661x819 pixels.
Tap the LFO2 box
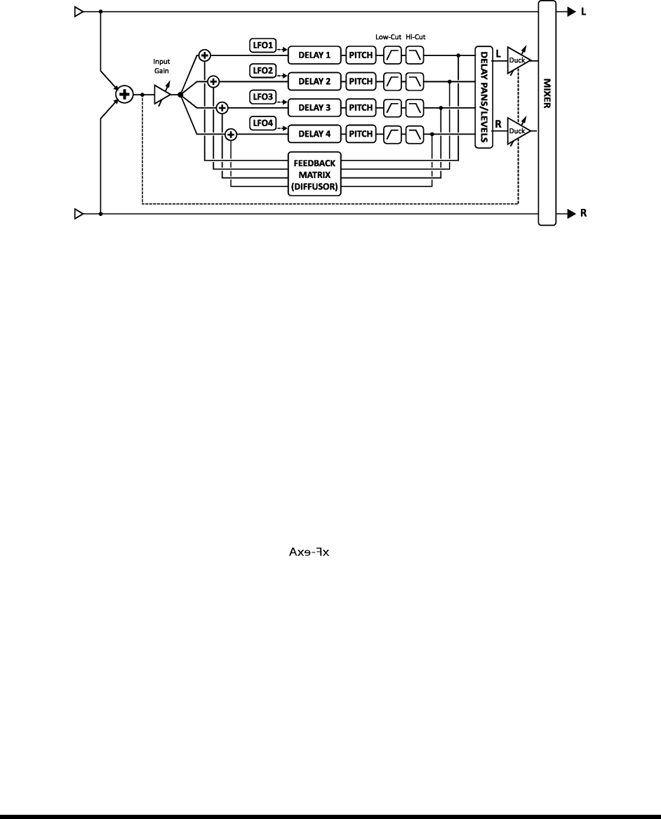[263, 71]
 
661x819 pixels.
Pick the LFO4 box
[263, 124]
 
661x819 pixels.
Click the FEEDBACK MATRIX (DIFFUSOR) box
[314, 170]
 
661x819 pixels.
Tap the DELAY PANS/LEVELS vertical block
[483, 97]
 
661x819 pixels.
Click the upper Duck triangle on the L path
[518, 59]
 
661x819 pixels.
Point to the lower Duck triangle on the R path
[518, 130]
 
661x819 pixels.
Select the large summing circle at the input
[124, 94]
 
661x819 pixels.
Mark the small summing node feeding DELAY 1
[206, 54]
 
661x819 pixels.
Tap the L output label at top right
[583, 12]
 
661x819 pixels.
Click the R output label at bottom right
[583, 213]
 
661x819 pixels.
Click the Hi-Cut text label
[415, 36]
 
